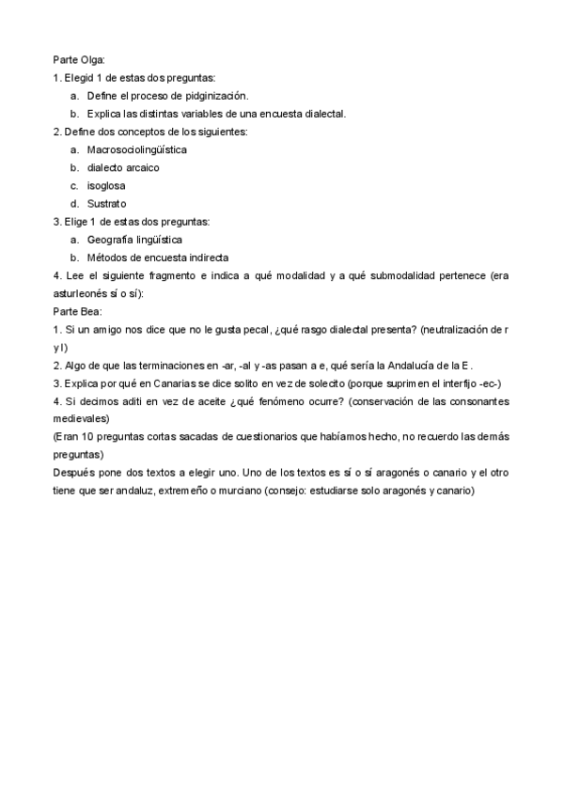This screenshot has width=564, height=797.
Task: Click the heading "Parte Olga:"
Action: click(79, 60)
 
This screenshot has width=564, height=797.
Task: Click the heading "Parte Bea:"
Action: click(77, 310)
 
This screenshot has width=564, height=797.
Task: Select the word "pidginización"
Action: click(218, 96)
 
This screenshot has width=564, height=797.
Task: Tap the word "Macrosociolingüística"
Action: click(136, 149)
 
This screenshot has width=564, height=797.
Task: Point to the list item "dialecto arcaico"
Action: click(123, 167)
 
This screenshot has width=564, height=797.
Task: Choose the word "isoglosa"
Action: click(106, 185)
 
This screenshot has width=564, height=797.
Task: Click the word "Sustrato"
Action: click(106, 203)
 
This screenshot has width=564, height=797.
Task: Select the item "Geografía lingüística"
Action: click(134, 239)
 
